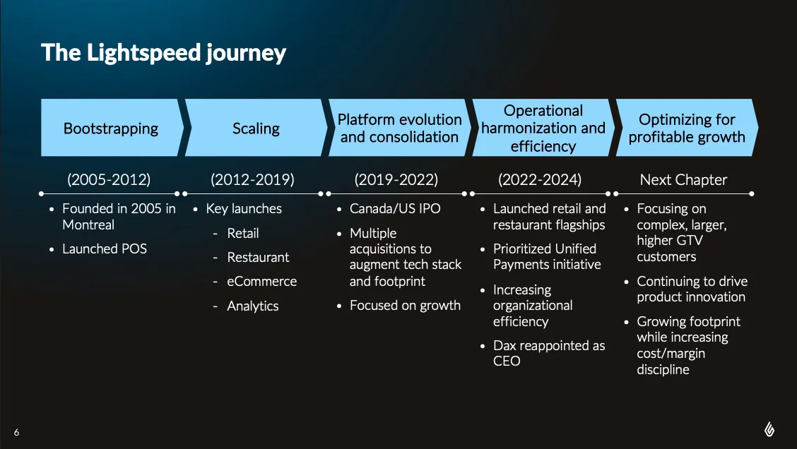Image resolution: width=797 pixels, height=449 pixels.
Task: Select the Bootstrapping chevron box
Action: click(x=112, y=128)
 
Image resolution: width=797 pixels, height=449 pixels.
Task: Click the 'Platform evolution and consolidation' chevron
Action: click(x=399, y=128)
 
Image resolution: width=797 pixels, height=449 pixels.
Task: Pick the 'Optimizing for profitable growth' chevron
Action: click(x=687, y=128)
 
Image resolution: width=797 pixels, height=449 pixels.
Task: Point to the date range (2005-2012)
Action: click(x=109, y=180)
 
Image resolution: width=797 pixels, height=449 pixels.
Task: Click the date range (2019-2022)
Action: click(x=396, y=180)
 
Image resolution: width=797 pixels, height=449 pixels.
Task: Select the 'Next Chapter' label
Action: click(x=683, y=180)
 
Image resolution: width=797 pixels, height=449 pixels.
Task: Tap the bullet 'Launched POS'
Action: click(x=104, y=249)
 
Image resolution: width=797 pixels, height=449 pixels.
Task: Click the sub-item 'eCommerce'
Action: click(x=261, y=282)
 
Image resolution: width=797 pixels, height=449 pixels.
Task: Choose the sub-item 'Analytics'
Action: click(x=253, y=306)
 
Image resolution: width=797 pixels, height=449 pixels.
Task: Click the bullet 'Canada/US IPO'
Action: click(x=395, y=209)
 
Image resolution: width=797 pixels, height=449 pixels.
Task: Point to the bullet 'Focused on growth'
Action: click(x=405, y=305)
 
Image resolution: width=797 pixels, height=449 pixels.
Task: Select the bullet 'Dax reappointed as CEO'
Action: click(x=549, y=353)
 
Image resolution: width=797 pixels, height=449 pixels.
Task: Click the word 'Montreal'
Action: click(x=88, y=224)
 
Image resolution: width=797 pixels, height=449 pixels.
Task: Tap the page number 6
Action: click(x=17, y=432)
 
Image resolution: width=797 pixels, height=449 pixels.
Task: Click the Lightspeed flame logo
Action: click(x=769, y=429)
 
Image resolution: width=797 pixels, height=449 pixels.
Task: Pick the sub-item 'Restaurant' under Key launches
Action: click(x=258, y=258)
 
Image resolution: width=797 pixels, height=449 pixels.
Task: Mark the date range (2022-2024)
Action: click(x=540, y=180)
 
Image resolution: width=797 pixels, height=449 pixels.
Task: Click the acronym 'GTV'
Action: click(x=690, y=240)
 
